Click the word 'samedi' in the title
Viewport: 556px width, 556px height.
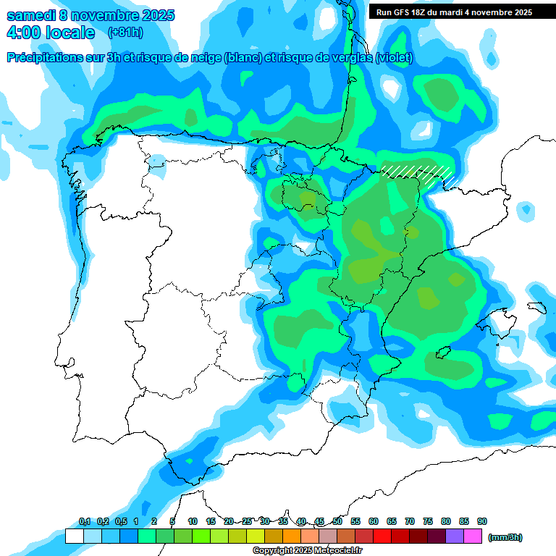(x=30, y=15)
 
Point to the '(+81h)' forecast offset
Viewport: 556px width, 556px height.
(x=125, y=33)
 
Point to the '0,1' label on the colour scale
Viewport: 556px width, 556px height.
(x=84, y=522)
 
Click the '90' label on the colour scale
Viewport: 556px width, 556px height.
(x=482, y=522)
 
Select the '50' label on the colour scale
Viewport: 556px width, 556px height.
(x=337, y=522)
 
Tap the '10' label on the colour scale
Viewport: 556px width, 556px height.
(x=193, y=522)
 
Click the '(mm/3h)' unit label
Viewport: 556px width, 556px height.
(x=505, y=537)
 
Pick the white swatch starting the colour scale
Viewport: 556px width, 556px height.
(x=75, y=536)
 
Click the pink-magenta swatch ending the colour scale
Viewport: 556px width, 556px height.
(x=473, y=536)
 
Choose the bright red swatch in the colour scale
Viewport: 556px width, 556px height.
(x=382, y=536)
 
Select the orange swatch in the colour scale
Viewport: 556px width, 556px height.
(x=292, y=536)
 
